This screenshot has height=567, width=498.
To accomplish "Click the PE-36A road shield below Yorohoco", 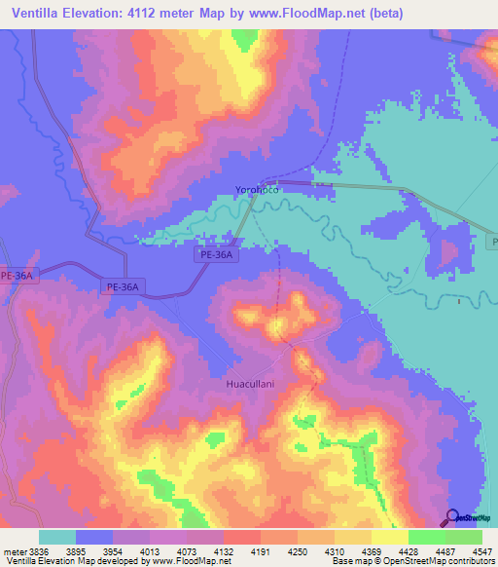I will tap(215, 254).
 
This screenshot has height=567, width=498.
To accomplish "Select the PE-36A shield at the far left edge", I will tap(17, 276).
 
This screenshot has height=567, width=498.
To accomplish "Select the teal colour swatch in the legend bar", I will tap(57, 538).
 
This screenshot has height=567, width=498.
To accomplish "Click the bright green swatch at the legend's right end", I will tap(464, 538).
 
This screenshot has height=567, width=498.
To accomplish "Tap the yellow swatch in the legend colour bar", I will tap(390, 538).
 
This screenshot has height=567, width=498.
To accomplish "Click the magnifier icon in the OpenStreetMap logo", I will tap(452, 517).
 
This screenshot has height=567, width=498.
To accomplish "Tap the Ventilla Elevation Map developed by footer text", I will tap(73, 561).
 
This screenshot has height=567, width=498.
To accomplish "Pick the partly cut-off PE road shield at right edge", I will tap(492, 240).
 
